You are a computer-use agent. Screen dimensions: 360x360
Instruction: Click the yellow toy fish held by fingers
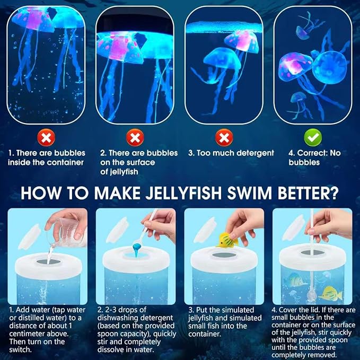pos(227,241)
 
